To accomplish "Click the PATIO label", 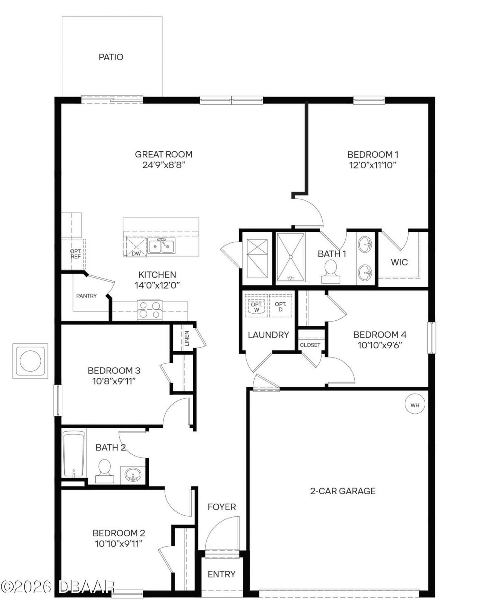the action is pyautogui.click(x=111, y=57).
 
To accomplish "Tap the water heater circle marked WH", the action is pyautogui.click(x=415, y=405).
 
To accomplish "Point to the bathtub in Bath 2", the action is pyautogui.click(x=73, y=454).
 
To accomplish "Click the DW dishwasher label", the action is pyautogui.click(x=136, y=254).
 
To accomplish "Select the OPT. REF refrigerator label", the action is pyautogui.click(x=76, y=254).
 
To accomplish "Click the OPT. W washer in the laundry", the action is pyautogui.click(x=256, y=307).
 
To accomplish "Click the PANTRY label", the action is pyautogui.click(x=86, y=296).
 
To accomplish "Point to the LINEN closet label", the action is pyautogui.click(x=187, y=338).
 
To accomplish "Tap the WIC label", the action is pyautogui.click(x=399, y=262).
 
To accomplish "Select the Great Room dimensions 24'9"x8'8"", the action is pyautogui.click(x=164, y=165).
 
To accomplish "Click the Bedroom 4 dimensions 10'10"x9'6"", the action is pyautogui.click(x=380, y=345).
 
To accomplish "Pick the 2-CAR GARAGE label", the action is pyautogui.click(x=343, y=490).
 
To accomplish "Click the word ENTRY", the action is pyautogui.click(x=221, y=574).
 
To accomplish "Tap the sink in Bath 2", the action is pyautogui.click(x=133, y=475).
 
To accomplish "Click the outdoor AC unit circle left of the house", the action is pyautogui.click(x=31, y=361).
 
